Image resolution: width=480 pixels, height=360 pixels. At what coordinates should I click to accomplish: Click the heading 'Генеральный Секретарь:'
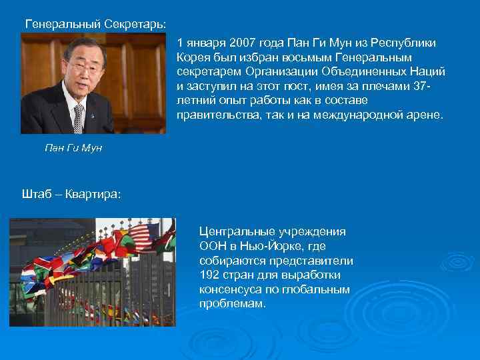pos(99,25)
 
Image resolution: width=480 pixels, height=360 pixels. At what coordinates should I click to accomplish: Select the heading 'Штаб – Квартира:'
pos(72,194)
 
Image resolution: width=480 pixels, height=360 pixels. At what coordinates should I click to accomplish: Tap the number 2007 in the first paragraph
pos(242,43)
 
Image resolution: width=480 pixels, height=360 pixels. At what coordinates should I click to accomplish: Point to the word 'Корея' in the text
pos(195,58)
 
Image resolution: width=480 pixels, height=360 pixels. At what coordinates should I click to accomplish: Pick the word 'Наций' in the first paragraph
pos(428,72)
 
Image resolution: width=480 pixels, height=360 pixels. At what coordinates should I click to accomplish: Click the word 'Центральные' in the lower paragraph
pos(239,231)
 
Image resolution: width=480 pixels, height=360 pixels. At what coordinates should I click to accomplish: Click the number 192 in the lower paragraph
pos(209,275)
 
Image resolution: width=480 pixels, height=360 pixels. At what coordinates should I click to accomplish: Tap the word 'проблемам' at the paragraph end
pos(231,304)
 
